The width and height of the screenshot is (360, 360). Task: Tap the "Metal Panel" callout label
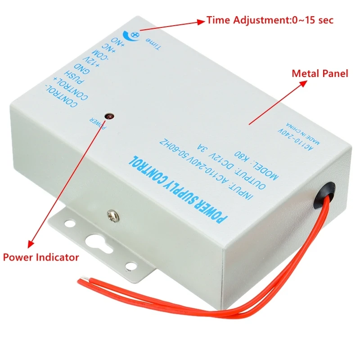pos(320,73)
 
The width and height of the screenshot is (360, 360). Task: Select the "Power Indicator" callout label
pos(41,257)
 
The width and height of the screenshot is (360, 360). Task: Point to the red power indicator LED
pos(108,116)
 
